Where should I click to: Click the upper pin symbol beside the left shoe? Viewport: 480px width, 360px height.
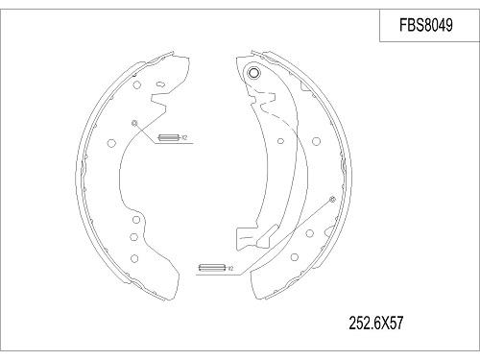pos(169,137)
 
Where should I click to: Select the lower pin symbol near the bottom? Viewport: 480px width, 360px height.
pos(209,268)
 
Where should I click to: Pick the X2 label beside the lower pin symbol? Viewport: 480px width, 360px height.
pos(227,268)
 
